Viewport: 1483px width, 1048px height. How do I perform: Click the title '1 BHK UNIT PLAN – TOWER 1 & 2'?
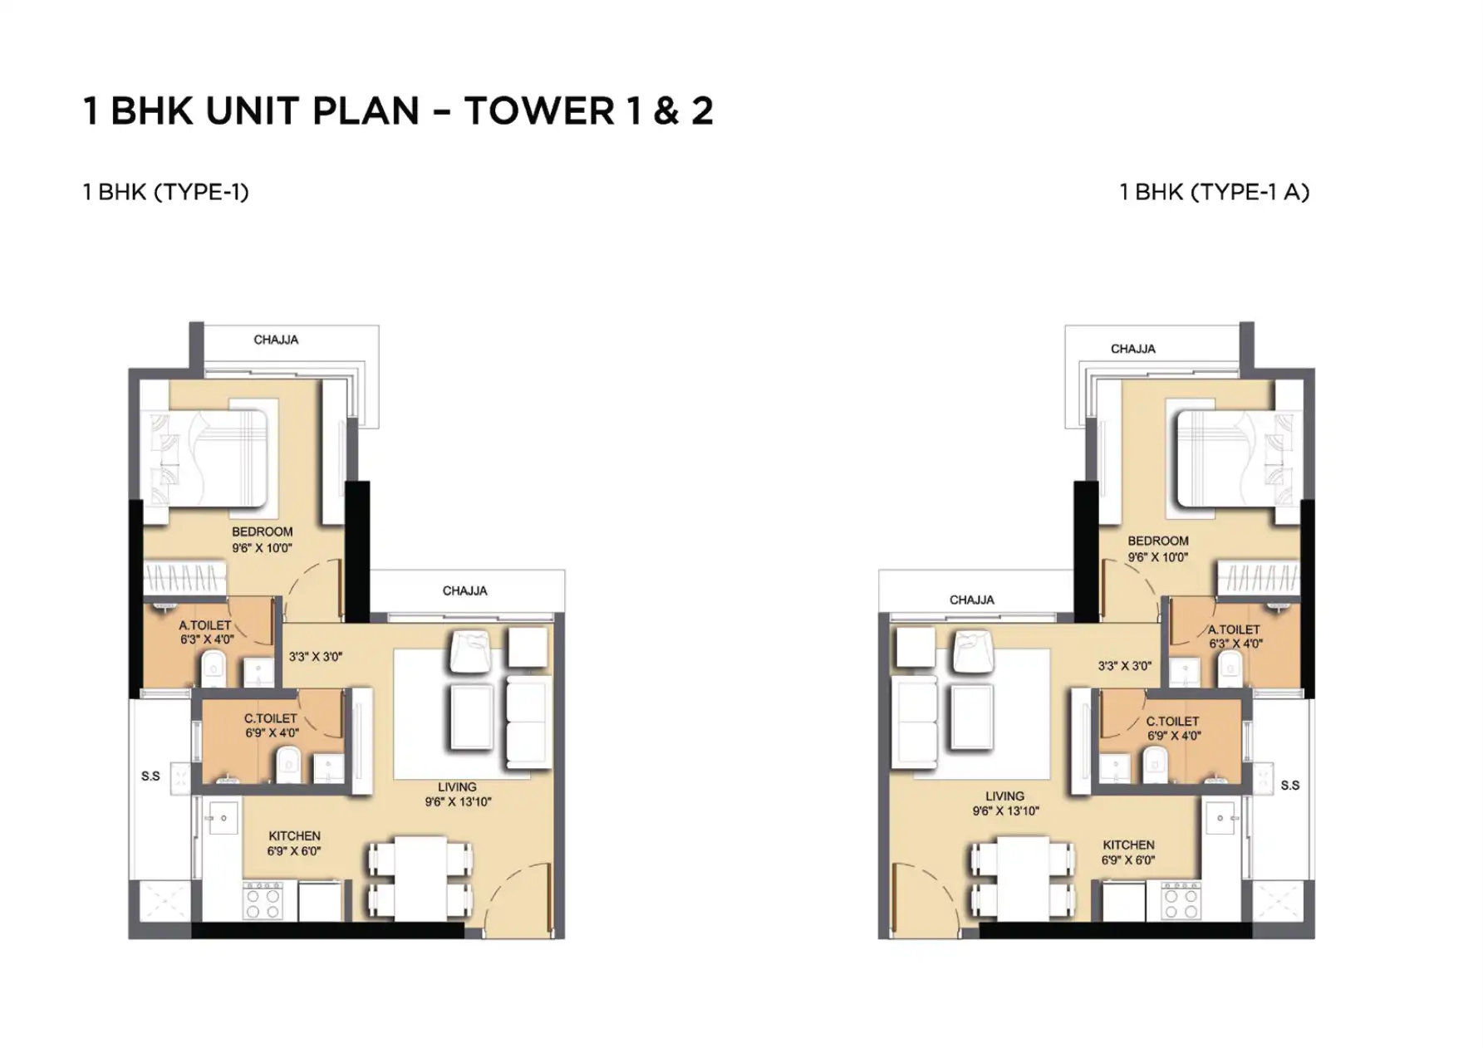[x=398, y=111]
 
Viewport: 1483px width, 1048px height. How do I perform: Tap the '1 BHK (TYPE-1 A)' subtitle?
[x=1214, y=192]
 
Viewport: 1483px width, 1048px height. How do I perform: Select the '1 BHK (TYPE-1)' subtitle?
[x=165, y=192]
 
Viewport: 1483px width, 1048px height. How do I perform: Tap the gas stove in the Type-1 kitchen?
[x=262, y=901]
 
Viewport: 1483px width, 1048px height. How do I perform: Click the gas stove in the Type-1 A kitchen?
[x=1181, y=901]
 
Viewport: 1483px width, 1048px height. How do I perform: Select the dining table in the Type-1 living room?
[x=420, y=879]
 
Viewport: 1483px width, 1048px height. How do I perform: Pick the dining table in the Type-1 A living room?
[x=1023, y=879]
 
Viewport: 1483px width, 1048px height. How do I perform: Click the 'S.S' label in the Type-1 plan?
[x=150, y=776]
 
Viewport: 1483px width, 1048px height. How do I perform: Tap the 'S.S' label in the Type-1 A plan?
[x=1290, y=785]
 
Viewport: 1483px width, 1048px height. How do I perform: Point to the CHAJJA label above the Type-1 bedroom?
[x=276, y=340]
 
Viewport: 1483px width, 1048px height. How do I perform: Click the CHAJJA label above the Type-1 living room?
[x=464, y=590]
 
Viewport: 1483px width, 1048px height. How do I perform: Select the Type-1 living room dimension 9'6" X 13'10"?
[x=458, y=802]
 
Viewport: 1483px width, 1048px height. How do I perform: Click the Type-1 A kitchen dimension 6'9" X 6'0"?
[x=1128, y=860]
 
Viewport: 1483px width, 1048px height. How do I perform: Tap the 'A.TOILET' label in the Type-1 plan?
[x=205, y=625]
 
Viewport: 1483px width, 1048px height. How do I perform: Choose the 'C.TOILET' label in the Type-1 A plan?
[x=1172, y=722]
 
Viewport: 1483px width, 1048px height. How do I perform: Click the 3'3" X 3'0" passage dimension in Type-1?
[x=316, y=657]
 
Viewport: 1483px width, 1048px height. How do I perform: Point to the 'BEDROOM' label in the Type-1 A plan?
[x=1158, y=541]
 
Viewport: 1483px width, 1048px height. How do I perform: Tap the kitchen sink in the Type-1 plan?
[x=223, y=819]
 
